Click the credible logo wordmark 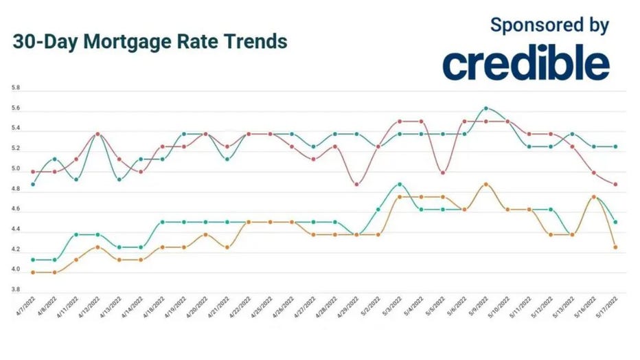tap(525, 64)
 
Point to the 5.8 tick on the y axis tap(16, 89)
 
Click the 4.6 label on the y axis tap(16, 210)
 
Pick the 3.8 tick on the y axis tap(16, 291)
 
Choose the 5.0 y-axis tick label tap(16, 169)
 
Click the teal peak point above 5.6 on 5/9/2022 tap(486, 108)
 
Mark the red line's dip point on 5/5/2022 tap(443, 172)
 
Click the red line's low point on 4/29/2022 tap(356, 184)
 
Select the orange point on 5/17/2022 tap(615, 247)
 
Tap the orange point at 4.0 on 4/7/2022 tap(33, 273)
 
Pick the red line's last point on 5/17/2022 tap(615, 184)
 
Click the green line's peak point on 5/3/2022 tap(400, 184)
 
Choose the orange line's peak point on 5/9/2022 tap(486, 184)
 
